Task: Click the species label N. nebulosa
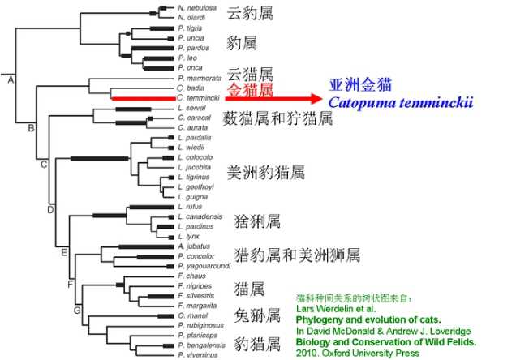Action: (195, 7)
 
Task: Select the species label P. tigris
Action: (190, 28)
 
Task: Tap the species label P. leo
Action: (186, 58)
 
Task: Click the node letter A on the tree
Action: (11, 79)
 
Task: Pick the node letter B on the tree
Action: (31, 128)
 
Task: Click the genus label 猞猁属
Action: (256, 221)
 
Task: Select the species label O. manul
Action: (191, 315)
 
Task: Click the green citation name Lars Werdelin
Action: (329, 308)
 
